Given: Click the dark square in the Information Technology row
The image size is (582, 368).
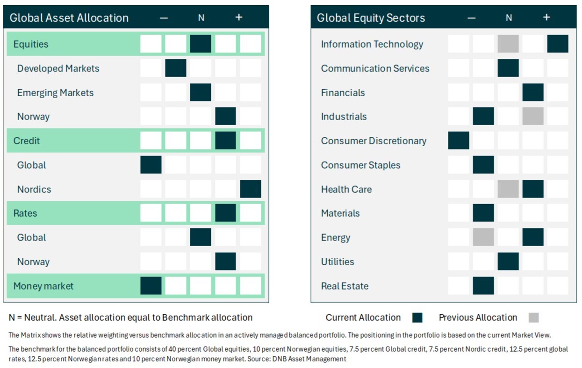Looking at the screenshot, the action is click(558, 44).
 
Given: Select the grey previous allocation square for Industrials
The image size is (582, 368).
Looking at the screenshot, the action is click(533, 116).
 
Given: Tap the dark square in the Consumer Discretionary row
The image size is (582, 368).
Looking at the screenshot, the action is click(459, 141).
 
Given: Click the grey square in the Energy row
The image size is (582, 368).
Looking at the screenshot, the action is click(483, 237).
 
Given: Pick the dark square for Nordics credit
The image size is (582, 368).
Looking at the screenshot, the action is click(251, 189).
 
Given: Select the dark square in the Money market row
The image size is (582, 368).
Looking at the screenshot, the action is click(151, 286).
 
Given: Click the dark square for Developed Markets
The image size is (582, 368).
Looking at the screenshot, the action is click(176, 68).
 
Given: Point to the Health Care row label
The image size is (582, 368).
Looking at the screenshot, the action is click(346, 190).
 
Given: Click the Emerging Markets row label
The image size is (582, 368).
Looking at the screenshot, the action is click(55, 92).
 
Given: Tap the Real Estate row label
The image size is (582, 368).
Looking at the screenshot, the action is click(345, 286).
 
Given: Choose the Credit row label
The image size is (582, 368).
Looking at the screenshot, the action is click(27, 141).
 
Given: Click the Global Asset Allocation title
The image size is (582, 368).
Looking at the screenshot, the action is click(69, 18).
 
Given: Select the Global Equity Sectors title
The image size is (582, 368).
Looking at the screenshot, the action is click(371, 18).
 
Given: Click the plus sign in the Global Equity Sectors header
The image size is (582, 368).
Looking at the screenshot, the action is click(546, 17).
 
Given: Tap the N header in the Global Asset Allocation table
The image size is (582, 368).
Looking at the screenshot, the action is click(201, 18).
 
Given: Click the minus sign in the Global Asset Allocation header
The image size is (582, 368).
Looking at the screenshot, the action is click(164, 18).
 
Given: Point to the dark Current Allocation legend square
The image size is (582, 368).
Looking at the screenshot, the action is click(417, 318).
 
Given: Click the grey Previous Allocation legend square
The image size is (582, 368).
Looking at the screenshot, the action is click(534, 318).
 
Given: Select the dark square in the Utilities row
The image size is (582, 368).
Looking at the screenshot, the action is click(508, 262).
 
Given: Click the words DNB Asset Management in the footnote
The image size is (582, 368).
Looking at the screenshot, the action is click(309, 359).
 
